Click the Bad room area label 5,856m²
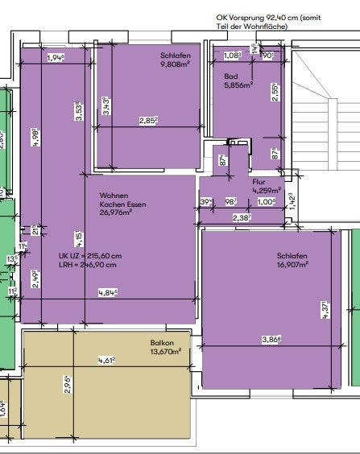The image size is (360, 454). pos(238,84)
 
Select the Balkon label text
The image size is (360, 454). pos(162,344)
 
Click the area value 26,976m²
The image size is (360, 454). pos(115,214)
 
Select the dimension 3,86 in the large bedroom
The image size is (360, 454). pos(271,340)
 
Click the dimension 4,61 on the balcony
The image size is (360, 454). pos(106,360)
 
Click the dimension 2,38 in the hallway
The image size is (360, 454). pos(240,217)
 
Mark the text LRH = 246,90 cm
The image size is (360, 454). pos(87,264)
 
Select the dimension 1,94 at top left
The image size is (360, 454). pos(56,58)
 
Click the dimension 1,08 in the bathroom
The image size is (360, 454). pos(232,56)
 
